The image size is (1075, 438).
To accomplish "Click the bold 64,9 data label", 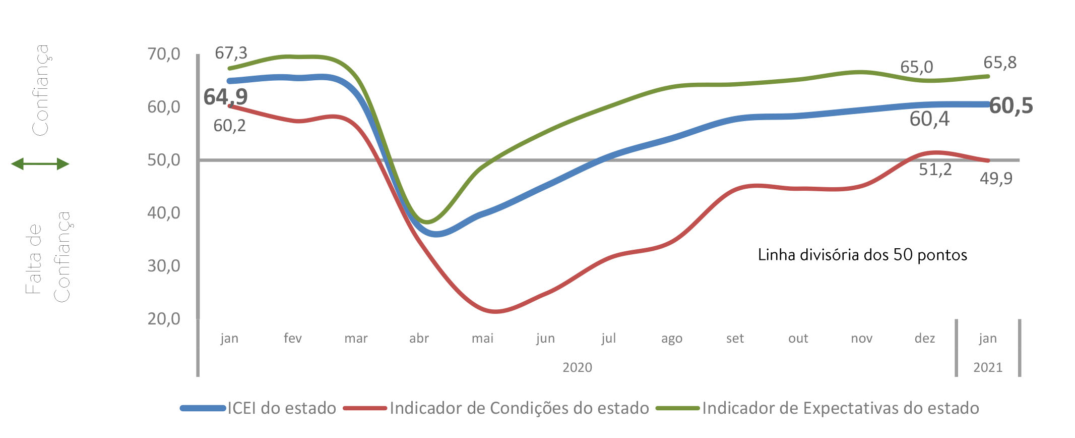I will pyautogui.click(x=225, y=97).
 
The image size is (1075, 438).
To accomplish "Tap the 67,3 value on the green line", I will pyautogui.click(x=231, y=53).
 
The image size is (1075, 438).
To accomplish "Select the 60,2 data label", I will pyautogui.click(x=229, y=126).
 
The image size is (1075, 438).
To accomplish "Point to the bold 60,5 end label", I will pyautogui.click(x=1010, y=106).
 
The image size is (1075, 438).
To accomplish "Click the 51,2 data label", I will pyautogui.click(x=935, y=170).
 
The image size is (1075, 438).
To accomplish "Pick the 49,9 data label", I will pyautogui.click(x=996, y=178).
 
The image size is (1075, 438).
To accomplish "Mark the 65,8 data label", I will pyautogui.click(x=1000, y=63).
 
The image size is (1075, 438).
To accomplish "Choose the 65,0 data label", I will pyautogui.click(x=916, y=67).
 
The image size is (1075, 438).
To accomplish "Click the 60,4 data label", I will pyautogui.click(x=929, y=119).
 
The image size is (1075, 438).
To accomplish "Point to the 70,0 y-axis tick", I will pyautogui.click(x=163, y=54).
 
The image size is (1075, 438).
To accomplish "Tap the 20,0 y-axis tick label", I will pyautogui.click(x=163, y=319).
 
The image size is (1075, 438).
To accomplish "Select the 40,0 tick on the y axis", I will pyautogui.click(x=163, y=213).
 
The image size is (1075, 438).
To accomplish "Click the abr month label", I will pyautogui.click(x=419, y=338).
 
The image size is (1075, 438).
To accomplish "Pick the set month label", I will pyautogui.click(x=735, y=338).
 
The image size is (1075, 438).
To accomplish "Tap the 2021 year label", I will pyautogui.click(x=988, y=367).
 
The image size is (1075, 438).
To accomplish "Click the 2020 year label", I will pyautogui.click(x=577, y=367).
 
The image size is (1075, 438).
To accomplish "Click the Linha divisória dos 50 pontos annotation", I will pyautogui.click(x=862, y=255).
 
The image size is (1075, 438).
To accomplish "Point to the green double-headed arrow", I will pyautogui.click(x=40, y=164).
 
